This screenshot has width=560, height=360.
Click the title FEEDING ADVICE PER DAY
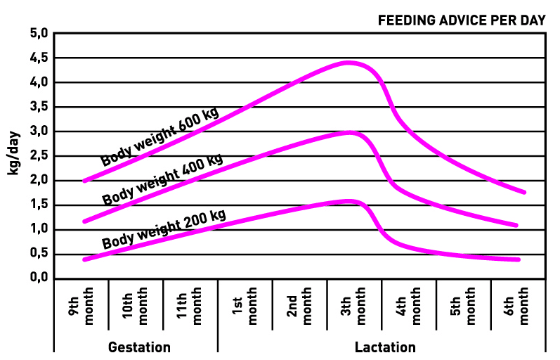coord(462,20)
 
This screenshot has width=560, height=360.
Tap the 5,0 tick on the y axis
coord(39,33)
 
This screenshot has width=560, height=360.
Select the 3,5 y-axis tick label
coord(39,107)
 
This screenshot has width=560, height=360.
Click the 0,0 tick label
coord(39,278)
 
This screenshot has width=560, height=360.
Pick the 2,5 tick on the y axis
coord(39,156)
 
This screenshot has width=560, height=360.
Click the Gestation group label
coord(139,347)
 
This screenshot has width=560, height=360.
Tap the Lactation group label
coord(385,347)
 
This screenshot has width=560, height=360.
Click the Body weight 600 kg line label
coord(159,136)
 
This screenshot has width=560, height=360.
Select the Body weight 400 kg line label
coord(162,179)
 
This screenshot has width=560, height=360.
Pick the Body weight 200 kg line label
coord(164,229)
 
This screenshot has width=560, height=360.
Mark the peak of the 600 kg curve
coord(349,63)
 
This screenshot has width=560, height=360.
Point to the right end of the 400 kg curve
coord(517,226)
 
